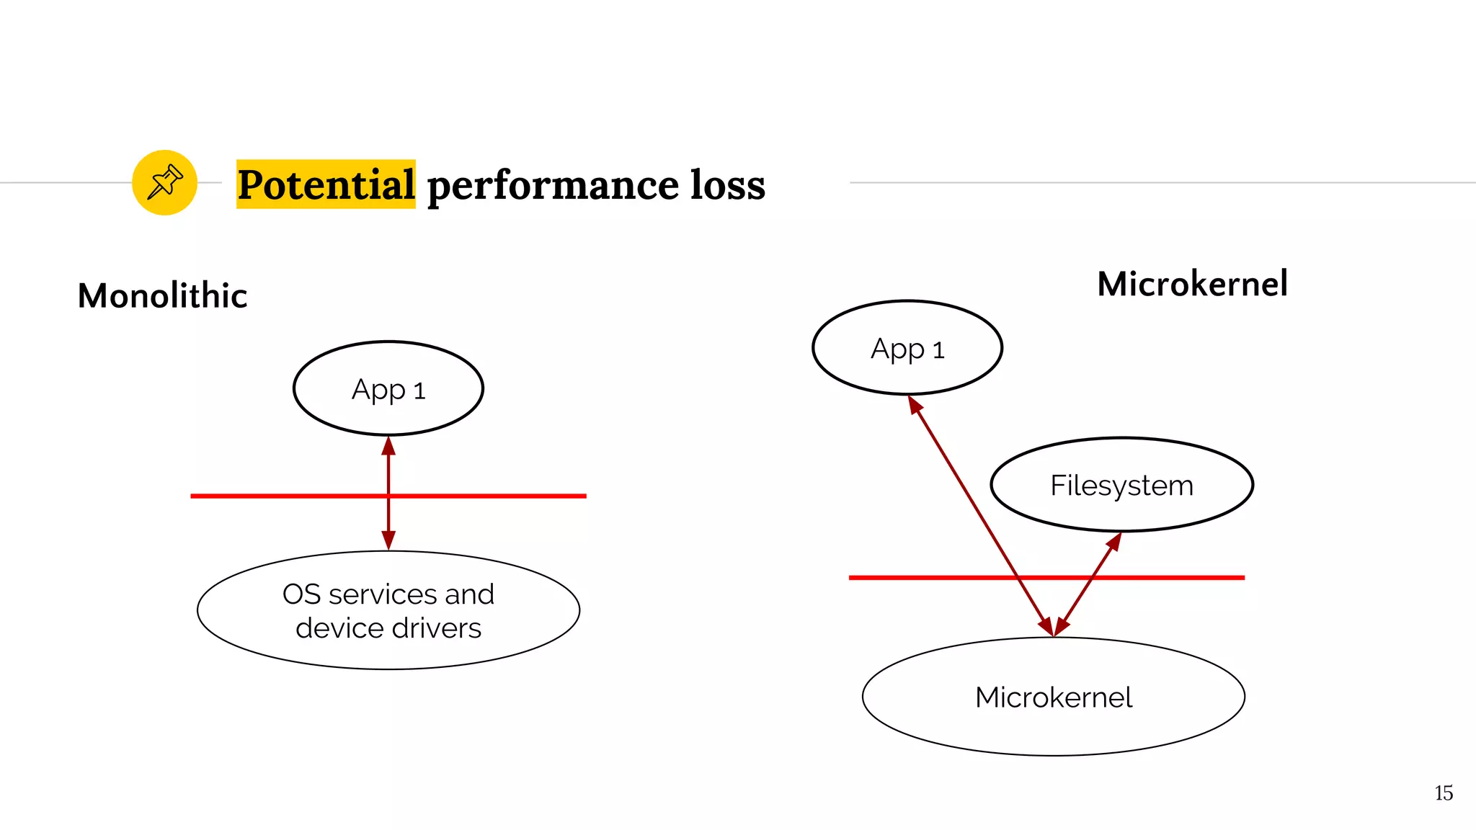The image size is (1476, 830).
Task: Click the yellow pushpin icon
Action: point(164,182)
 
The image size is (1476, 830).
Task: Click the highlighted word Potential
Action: point(326,184)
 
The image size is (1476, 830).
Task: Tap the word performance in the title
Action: point(552,186)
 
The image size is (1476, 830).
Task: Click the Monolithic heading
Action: point(162,295)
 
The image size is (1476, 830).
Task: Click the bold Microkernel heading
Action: point(1192,283)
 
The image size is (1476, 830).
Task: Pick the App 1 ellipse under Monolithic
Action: point(388,389)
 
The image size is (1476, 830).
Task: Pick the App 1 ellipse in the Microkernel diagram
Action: point(907,348)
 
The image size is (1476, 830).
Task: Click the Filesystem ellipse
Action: point(1121,485)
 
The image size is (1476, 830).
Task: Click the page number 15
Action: point(1443,793)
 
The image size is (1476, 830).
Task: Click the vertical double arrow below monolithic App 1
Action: point(388,468)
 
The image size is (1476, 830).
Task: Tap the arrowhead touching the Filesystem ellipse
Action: point(1114,541)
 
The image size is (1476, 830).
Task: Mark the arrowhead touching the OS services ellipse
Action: point(388,540)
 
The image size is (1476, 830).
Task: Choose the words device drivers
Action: point(388,628)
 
